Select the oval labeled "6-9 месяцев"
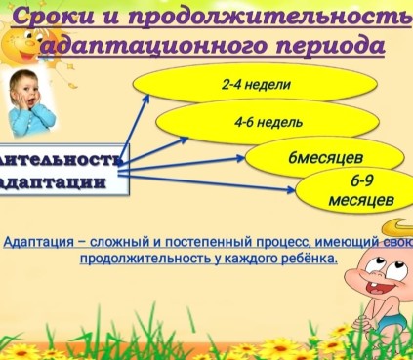[360, 190]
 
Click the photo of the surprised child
[31, 102]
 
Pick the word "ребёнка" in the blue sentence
[307, 259]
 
